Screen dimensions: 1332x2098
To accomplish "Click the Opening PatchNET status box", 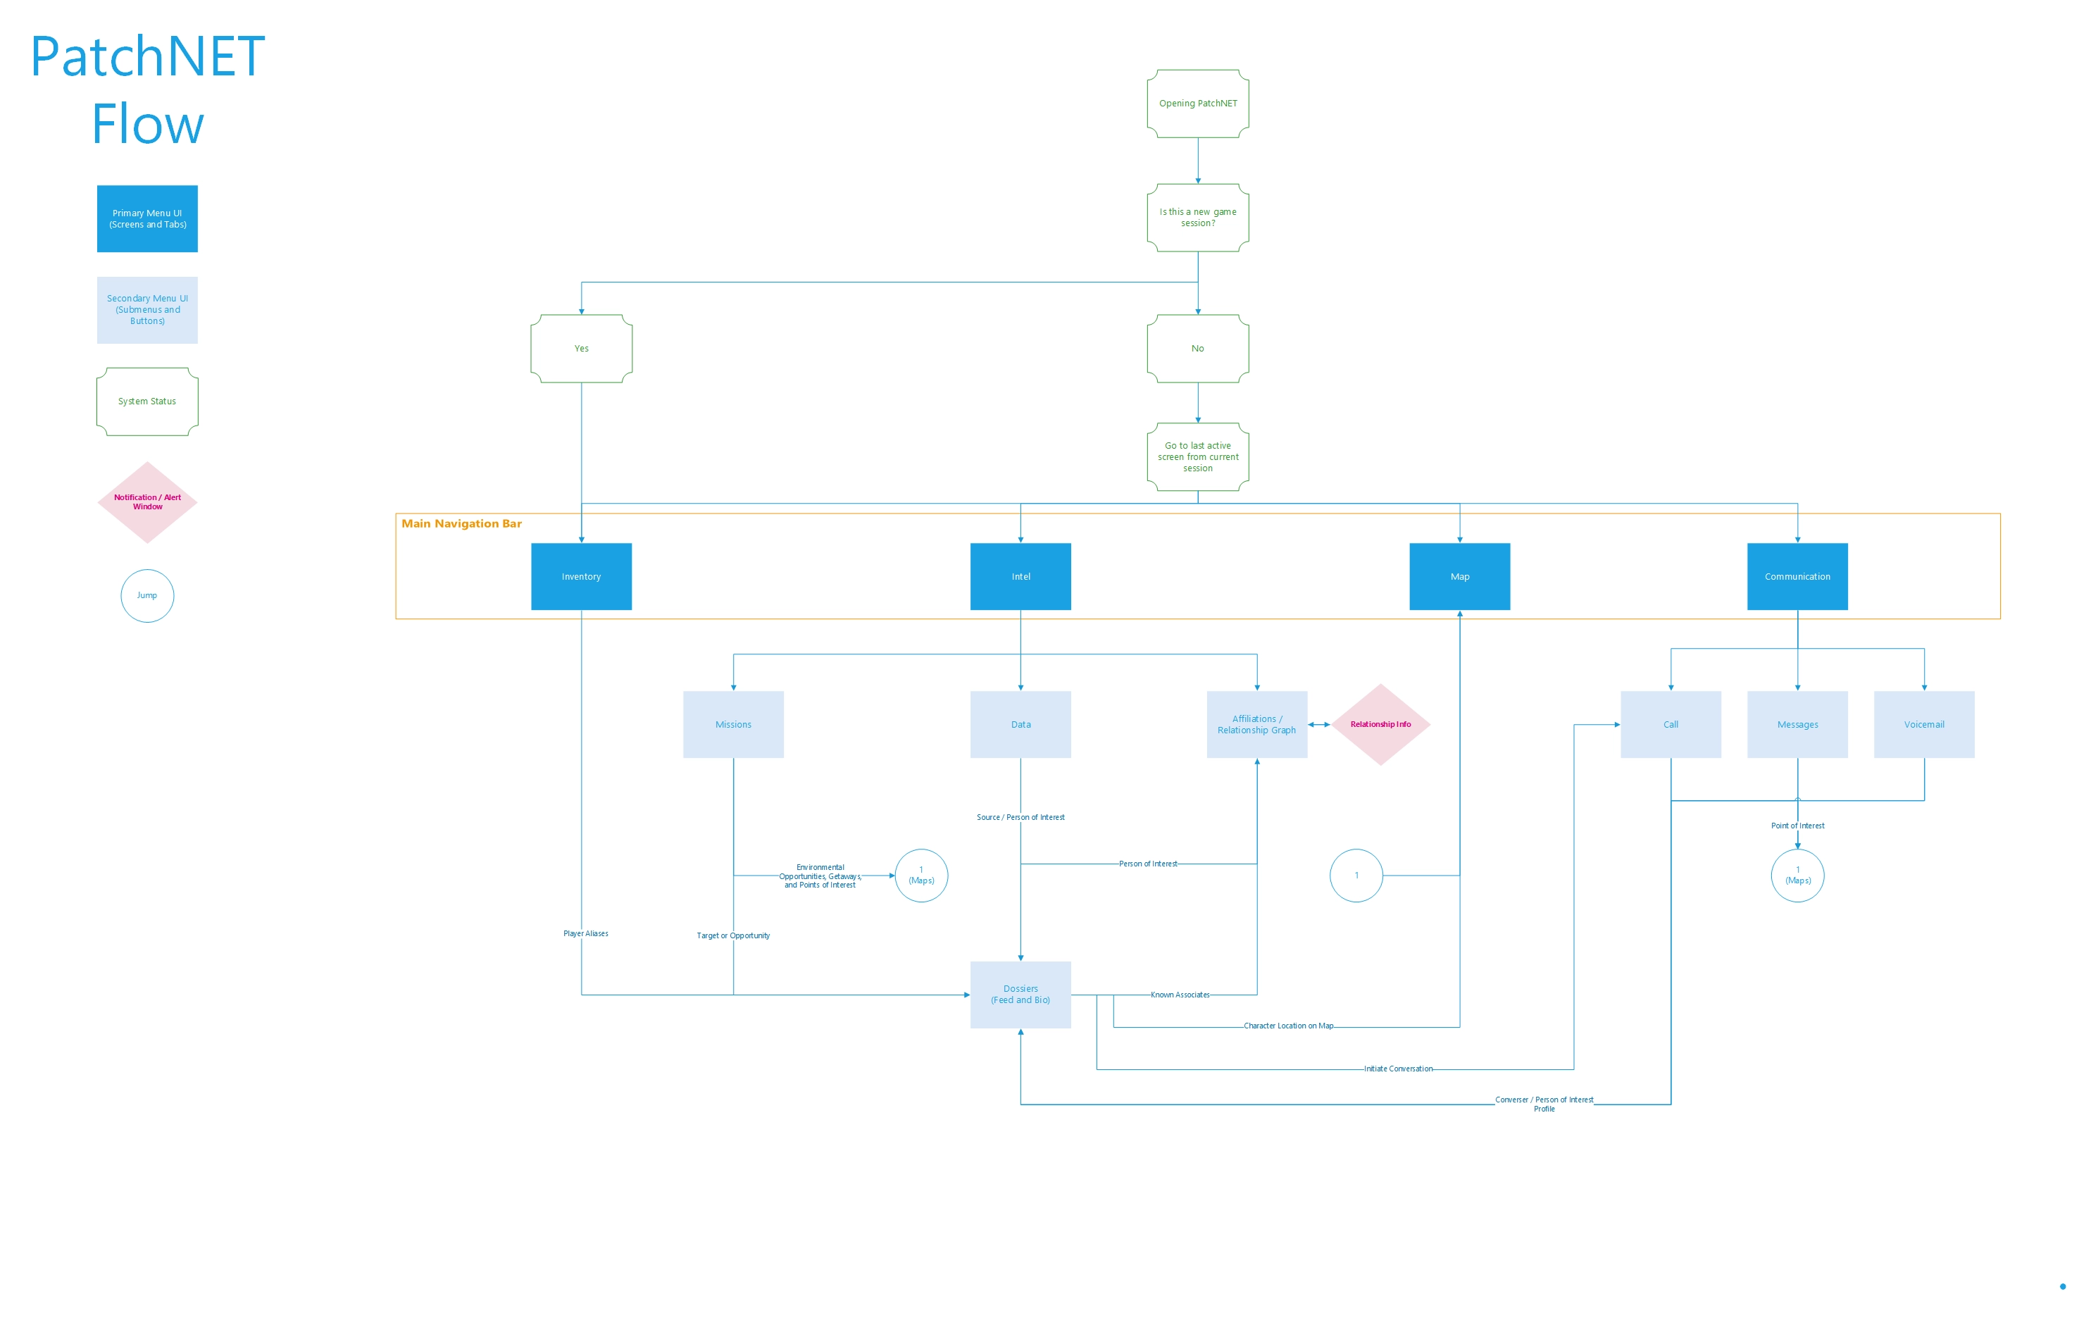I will click(1197, 104).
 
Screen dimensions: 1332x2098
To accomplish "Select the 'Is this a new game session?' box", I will click(1197, 218).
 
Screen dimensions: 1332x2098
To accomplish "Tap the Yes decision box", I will click(581, 349).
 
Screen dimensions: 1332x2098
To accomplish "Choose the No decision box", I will click(1197, 349).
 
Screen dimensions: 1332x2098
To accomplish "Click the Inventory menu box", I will click(581, 577).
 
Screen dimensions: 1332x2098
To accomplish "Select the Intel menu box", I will click(1020, 577).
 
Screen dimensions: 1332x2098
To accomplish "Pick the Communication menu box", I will click(1797, 577).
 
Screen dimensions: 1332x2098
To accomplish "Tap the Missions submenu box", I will click(732, 725).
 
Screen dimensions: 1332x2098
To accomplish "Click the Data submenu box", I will click(1020, 725).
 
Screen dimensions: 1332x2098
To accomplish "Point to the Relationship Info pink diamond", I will click(1380, 725).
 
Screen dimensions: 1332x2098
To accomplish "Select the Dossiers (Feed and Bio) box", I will click(1020, 995).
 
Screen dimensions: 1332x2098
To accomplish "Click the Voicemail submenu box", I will click(1924, 725).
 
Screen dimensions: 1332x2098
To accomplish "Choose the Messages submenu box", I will click(1797, 725).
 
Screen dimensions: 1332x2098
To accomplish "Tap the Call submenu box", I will click(1671, 725).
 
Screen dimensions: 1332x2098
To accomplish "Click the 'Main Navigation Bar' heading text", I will click(461, 523).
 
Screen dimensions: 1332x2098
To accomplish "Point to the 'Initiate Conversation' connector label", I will click(1397, 1069).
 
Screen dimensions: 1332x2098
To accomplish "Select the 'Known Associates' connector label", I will click(1180, 995).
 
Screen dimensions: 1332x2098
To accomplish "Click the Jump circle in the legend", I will click(146, 596).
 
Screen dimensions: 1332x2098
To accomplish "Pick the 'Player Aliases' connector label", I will click(585, 934).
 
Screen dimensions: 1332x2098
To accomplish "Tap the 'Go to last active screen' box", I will click(1197, 457).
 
